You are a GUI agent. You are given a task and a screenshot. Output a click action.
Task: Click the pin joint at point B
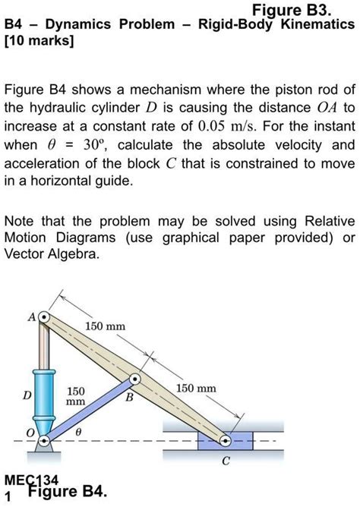click(x=134, y=379)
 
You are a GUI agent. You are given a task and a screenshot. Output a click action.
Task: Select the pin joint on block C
click(x=226, y=440)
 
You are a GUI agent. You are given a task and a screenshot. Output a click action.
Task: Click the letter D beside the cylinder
click(x=27, y=395)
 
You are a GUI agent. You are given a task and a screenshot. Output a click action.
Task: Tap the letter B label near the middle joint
click(x=128, y=396)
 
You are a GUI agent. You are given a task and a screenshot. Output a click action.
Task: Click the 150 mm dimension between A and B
click(x=105, y=326)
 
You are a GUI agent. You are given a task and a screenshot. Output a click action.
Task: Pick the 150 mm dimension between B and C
click(x=196, y=389)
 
